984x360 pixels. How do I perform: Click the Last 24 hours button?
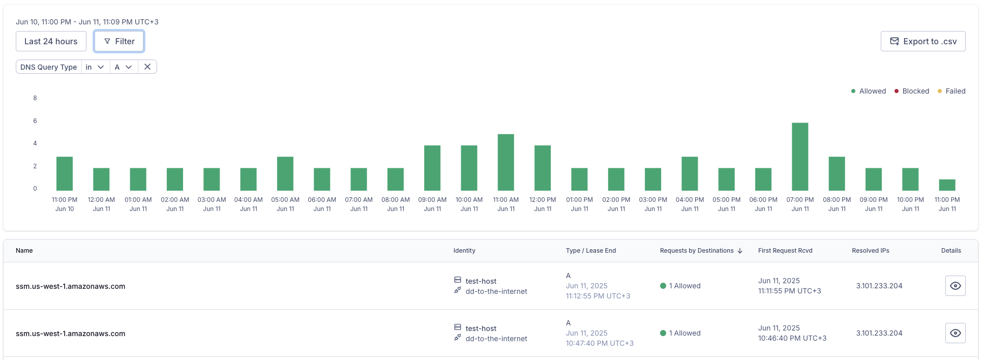coord(51,41)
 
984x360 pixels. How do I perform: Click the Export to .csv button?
coord(922,41)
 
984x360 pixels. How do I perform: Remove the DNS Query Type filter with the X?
coord(147,67)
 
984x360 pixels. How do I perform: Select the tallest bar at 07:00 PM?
coord(800,157)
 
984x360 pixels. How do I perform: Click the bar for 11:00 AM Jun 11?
coord(505,162)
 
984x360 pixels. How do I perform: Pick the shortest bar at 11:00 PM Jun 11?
coord(947,185)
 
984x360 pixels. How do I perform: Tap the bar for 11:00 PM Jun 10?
coord(65,173)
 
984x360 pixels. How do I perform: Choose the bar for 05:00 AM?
coord(285,173)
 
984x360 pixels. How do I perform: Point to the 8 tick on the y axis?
coord(35,98)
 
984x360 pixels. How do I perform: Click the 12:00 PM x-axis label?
coord(543,204)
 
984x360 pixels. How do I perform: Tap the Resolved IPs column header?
coord(870,251)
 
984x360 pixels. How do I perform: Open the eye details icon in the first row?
coord(955,286)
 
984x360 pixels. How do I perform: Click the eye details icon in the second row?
coord(955,333)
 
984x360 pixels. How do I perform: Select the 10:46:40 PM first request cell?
coord(792,338)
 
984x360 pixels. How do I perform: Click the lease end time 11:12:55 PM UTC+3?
coord(598,296)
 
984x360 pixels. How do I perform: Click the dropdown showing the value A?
coord(124,67)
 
